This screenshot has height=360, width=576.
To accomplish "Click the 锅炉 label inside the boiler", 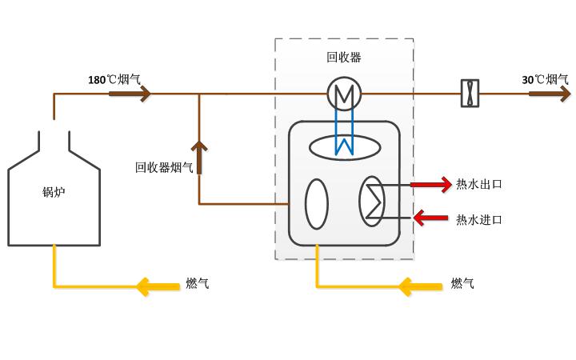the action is point(54,192).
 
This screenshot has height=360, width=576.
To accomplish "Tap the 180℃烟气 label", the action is point(114,79).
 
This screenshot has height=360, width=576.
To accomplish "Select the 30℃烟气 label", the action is point(545,79).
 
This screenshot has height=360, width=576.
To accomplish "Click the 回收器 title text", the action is point(344,58).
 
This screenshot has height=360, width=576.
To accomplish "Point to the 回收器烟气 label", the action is point(164,167).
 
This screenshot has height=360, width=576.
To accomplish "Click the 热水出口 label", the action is point(479,184).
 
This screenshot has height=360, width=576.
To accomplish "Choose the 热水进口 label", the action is point(479,220).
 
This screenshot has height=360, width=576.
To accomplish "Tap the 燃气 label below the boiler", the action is point(198,283).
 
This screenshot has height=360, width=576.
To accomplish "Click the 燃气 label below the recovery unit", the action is point(462,283).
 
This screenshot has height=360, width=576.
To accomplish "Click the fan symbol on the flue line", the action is point(470,94).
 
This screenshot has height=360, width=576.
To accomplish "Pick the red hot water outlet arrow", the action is point(431,185).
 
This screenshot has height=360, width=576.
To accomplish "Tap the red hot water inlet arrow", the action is point(430,218).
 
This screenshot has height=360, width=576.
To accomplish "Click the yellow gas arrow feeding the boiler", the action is point(158,286).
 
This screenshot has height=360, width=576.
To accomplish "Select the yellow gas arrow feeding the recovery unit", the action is point(420,286).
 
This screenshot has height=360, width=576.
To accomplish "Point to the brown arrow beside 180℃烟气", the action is point(130,94).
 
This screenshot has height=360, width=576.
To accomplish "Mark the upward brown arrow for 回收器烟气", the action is point(199,158).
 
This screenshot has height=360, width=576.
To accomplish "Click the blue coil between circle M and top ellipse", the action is point(344,132).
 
